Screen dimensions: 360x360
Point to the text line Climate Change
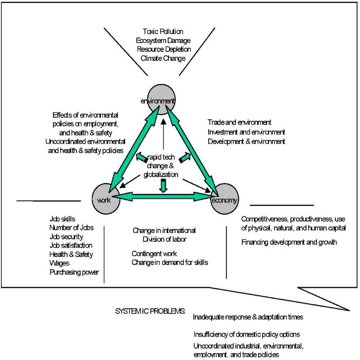tap(163, 58)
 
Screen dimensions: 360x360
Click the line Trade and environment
tap(239, 122)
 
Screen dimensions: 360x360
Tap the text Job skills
tap(63, 219)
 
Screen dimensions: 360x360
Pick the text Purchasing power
tap(74, 272)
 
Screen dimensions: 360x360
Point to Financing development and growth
tap(289, 242)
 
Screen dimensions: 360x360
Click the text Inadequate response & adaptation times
tap(248, 316)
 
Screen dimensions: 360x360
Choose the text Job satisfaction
tap(71, 245)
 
